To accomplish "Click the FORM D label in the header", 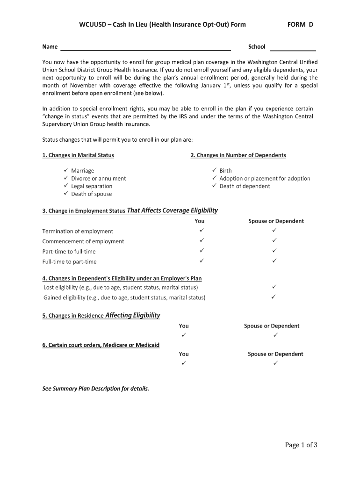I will point(300,24).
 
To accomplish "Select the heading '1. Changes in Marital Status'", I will point(78,155).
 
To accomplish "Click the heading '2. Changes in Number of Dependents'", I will point(238,155).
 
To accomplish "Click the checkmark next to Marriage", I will point(66,170).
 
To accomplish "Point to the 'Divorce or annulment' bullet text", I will point(98,178).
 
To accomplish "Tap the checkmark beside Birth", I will point(214,170).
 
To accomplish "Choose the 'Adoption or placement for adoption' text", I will point(265,178).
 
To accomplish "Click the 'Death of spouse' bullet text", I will point(91,194).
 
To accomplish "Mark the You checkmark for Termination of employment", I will point(202,230).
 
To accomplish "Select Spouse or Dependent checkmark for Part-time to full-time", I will point(274,251).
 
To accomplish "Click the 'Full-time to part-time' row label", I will point(69,261).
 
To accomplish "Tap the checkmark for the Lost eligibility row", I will point(274,286).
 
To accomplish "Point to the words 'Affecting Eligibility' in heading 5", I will point(133,315).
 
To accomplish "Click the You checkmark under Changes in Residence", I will point(184,335).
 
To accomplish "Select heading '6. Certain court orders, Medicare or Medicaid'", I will point(101,345).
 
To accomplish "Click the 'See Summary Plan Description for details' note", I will point(96,388).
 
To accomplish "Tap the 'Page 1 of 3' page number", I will point(301,445).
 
